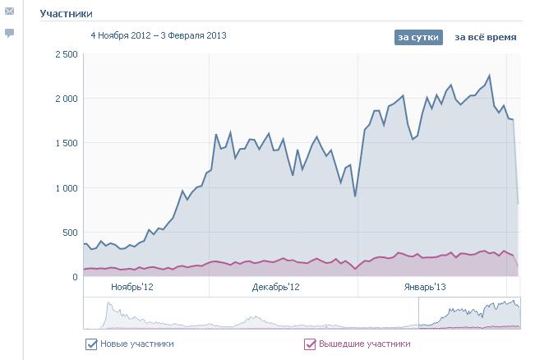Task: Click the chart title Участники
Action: point(66,14)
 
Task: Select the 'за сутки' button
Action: point(418,37)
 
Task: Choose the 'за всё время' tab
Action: point(486,37)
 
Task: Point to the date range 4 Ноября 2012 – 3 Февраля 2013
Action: point(159,35)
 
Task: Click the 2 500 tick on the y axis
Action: point(66,54)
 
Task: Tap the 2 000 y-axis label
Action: point(66,99)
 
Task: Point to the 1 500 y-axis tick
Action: point(66,143)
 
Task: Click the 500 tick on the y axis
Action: point(70,233)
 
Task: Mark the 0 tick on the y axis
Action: point(75,277)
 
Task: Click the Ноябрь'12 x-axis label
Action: point(132,287)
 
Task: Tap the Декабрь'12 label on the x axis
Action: point(276,287)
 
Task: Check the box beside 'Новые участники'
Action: point(91,344)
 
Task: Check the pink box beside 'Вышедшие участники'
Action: point(310,344)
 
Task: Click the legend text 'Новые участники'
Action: point(136,344)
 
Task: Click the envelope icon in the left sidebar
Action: point(10,12)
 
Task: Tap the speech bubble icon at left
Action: point(10,33)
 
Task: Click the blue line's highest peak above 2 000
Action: point(489,76)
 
